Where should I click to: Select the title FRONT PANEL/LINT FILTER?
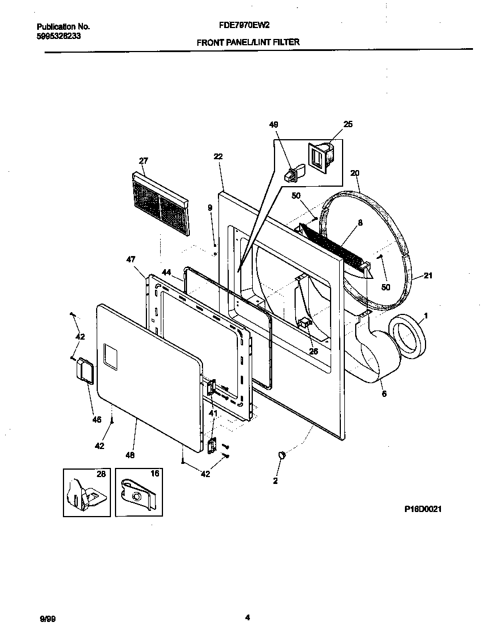tap(248, 42)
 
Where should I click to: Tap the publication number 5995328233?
tap(59, 35)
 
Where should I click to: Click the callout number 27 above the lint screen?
tap(143, 161)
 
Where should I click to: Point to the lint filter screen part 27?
tap(160, 204)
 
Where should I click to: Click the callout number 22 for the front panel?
tap(218, 156)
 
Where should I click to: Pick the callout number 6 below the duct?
tap(384, 394)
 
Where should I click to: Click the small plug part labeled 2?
tap(281, 454)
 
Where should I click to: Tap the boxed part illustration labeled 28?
tap(86, 492)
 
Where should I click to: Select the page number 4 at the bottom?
tap(247, 617)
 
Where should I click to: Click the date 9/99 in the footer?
tap(47, 619)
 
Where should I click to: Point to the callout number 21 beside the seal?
tap(428, 276)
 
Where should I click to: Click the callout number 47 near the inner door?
tap(130, 259)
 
